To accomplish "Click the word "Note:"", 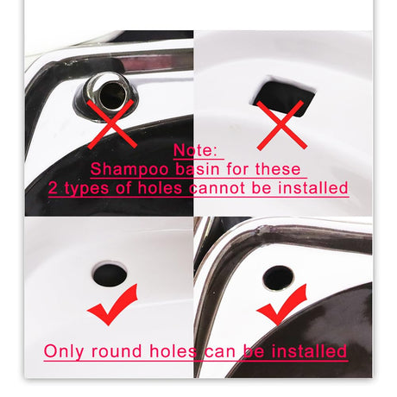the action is click(195, 150).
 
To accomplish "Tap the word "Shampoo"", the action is click(129, 169).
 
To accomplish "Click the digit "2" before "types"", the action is click(54, 188).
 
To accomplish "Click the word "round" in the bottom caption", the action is click(117, 351).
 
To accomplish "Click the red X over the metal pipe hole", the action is click(112, 124).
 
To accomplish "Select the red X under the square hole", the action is click(281, 125).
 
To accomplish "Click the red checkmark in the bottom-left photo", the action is click(113, 305).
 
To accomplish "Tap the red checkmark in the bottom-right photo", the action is click(281, 305).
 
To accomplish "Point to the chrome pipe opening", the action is click(111, 92).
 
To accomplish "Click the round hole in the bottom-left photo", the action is click(110, 275).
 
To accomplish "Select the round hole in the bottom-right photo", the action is click(278, 278).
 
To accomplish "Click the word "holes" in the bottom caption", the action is click(173, 351).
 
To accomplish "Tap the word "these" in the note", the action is click(278, 169).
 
